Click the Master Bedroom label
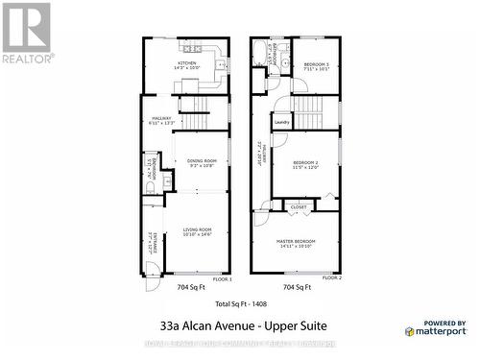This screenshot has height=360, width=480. [297, 242]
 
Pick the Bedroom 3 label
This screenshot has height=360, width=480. [316, 65]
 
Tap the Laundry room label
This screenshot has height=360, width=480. [282, 122]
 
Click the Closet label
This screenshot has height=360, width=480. [299, 206]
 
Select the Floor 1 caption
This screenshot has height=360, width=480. [222, 278]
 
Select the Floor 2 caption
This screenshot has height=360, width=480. [331, 278]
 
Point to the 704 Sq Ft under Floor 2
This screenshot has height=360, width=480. [296, 287]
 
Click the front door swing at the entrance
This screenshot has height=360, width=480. [151, 283]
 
